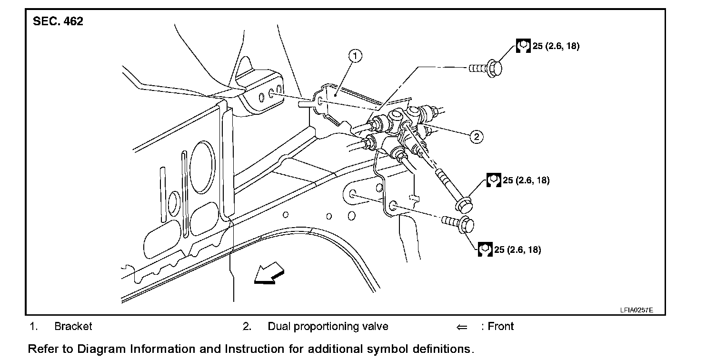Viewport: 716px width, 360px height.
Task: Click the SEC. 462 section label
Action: pyautogui.click(x=58, y=21)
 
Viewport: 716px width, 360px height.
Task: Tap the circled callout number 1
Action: pyautogui.click(x=355, y=56)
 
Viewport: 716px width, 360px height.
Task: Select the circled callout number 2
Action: pyautogui.click(x=476, y=137)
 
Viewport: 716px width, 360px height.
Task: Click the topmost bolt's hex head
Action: pyautogui.click(x=494, y=68)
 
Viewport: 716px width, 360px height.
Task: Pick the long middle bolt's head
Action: pyautogui.click(x=464, y=205)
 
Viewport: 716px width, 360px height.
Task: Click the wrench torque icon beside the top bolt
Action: pyautogui.click(x=523, y=46)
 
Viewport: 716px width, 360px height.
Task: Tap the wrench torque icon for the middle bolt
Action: pyautogui.click(x=494, y=180)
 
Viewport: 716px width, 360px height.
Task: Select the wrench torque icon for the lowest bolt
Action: pyautogui.click(x=485, y=250)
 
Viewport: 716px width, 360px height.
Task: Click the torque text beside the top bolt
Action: pyautogui.click(x=556, y=46)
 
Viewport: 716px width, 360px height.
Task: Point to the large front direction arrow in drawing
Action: pyautogui.click(x=269, y=273)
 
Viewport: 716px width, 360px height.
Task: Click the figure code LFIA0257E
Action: pyautogui.click(x=636, y=310)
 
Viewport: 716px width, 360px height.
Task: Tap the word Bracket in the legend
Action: pyautogui.click(x=73, y=327)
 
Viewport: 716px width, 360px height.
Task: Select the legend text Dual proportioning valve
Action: pyautogui.click(x=328, y=327)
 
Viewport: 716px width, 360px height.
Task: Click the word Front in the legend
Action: pyautogui.click(x=500, y=327)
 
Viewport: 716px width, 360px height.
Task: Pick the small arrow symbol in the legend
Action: pyautogui.click(x=462, y=328)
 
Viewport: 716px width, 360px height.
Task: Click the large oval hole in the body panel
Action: pyautogui.click(x=202, y=167)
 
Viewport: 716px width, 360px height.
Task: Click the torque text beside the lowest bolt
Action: pyautogui.click(x=517, y=250)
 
